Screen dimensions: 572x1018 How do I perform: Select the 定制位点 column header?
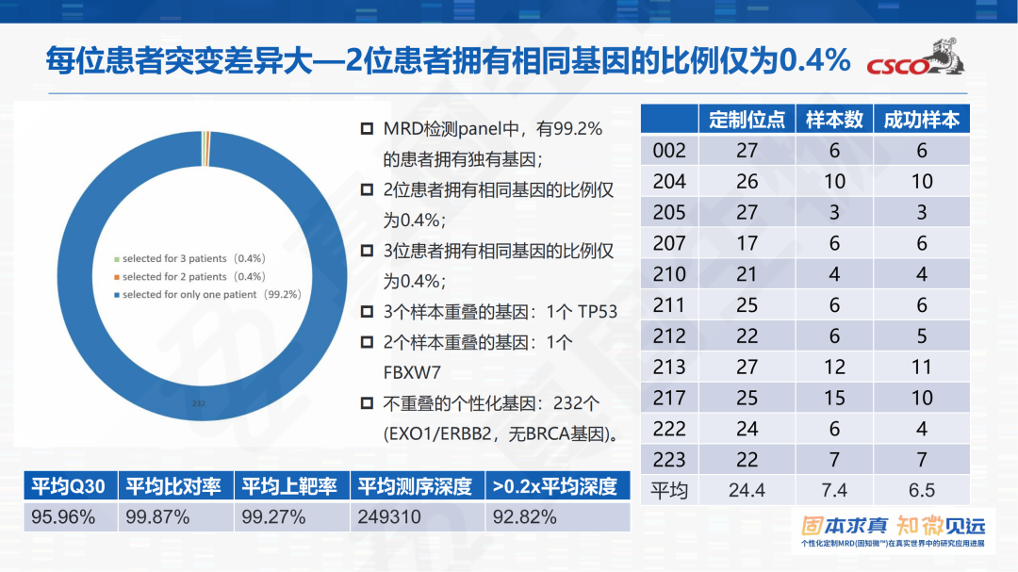click(x=747, y=120)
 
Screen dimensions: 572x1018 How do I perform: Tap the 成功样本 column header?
click(x=921, y=120)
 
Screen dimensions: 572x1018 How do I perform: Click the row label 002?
click(x=669, y=151)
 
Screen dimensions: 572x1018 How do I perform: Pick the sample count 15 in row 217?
click(x=834, y=399)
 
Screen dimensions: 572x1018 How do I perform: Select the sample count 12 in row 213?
click(x=834, y=368)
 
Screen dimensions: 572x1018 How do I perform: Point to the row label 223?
click(x=669, y=461)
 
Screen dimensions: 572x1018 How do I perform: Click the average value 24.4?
click(x=747, y=490)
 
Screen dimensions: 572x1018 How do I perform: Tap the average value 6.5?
click(x=921, y=490)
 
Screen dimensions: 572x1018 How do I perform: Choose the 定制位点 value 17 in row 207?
click(x=747, y=244)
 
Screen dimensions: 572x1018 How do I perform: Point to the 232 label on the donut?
click(x=198, y=403)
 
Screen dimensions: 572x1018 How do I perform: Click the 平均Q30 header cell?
click(x=69, y=486)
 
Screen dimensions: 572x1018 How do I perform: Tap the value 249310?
click(x=389, y=517)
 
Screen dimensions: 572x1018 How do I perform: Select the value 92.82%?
click(x=524, y=517)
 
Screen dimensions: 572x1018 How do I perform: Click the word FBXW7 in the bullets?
click(x=412, y=372)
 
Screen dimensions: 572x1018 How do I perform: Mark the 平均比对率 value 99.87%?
click(x=157, y=517)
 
